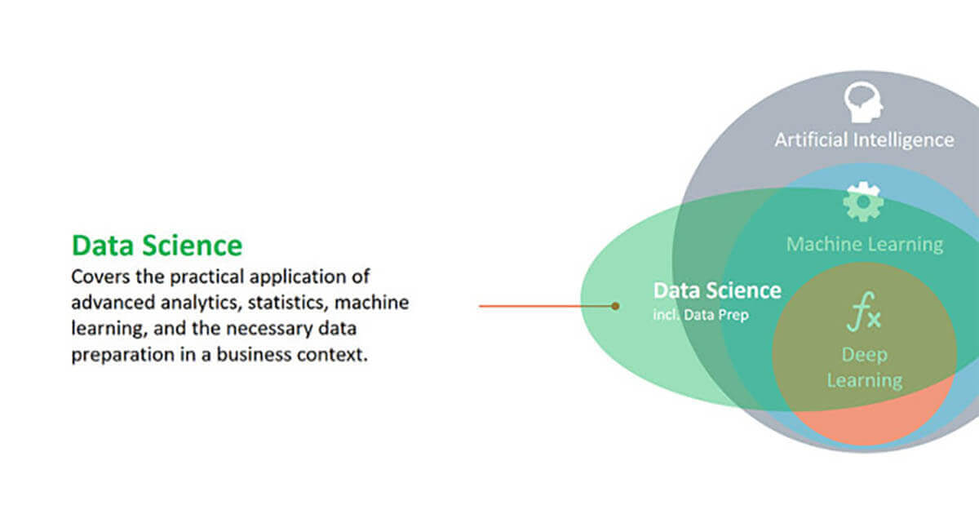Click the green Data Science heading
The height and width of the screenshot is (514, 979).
[157, 246]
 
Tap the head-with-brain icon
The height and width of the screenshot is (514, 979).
[863, 102]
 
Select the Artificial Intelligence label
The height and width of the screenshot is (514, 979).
[864, 140]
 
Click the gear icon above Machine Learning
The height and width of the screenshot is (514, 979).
[863, 202]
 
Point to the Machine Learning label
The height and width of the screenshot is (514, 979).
[865, 245]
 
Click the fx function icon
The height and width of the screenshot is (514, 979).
[864, 312]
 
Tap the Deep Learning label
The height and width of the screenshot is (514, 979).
[865, 368]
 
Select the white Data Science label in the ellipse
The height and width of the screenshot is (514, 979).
[717, 290]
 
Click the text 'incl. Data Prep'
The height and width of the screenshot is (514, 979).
[701, 315]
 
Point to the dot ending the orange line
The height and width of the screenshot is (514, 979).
[615, 306]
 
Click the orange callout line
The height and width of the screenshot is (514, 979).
[547, 306]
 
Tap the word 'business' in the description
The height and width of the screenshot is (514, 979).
[254, 354]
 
